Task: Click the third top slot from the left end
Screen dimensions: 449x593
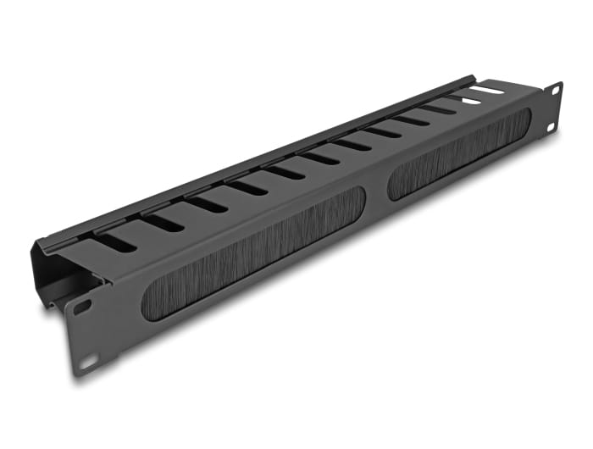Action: click(x=207, y=204)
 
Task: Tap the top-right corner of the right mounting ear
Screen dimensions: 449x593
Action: click(x=561, y=83)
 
